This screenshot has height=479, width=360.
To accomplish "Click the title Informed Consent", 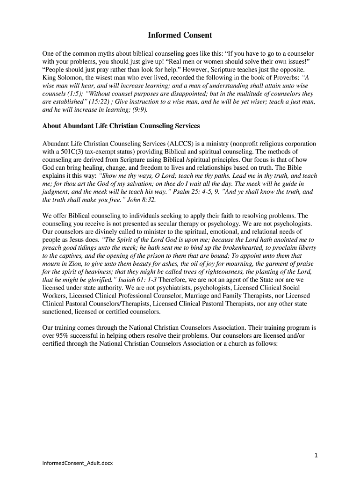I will pyautogui.click(x=180, y=35).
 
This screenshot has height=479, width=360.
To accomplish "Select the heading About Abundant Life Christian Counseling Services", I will pyautogui.click(x=121, y=126).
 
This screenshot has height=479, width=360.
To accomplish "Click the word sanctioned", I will pyautogui.click(x=59, y=312).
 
